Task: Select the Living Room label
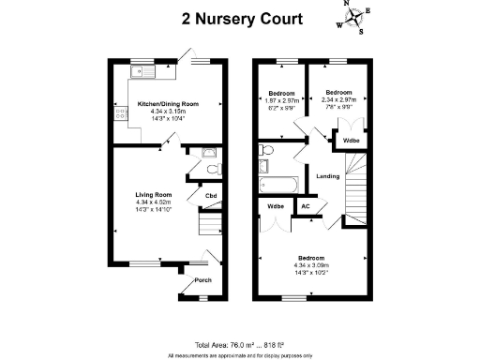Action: (x=152, y=195)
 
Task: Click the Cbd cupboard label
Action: (x=211, y=196)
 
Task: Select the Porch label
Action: (x=202, y=280)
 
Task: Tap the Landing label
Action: (x=327, y=175)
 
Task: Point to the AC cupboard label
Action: (x=305, y=207)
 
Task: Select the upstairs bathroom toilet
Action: (x=267, y=151)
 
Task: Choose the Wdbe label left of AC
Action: (x=276, y=206)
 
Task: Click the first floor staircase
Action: (x=358, y=187)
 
